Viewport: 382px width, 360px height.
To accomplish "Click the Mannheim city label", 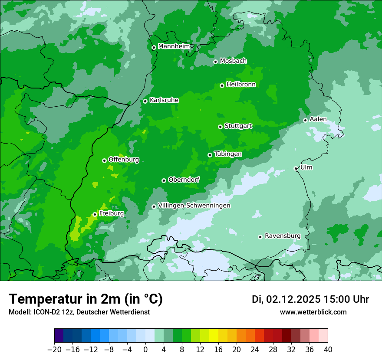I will coord(174,46).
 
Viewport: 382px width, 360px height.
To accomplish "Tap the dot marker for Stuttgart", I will coord(220,127).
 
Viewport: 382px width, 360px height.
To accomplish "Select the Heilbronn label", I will coord(241,85).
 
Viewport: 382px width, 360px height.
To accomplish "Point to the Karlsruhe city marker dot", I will coord(145,101).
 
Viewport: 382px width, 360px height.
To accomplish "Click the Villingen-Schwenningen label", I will coord(194,206).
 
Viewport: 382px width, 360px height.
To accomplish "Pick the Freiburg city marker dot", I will coord(95,214).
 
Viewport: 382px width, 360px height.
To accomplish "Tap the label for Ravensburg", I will coord(283,236).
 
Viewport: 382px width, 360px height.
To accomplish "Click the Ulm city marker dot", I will coord(296,168).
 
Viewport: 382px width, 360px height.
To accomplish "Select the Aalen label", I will coord(318,119).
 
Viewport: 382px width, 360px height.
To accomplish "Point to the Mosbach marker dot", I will coord(215,62).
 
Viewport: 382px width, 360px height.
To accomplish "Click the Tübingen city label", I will coord(228,154).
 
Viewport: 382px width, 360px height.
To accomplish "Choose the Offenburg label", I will coord(124,160).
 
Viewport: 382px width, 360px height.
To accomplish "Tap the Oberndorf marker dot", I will coord(164,180).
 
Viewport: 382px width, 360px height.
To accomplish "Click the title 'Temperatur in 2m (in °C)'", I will coord(86,299).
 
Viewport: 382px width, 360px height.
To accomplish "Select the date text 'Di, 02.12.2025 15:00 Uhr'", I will coord(310,299).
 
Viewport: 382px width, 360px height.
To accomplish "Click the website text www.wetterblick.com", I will coord(313,312).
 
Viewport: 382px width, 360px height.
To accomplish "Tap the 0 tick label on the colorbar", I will coord(145,350).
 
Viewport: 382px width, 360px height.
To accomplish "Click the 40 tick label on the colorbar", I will coord(328,350).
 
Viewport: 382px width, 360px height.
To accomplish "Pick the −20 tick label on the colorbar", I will coord(54,350).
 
